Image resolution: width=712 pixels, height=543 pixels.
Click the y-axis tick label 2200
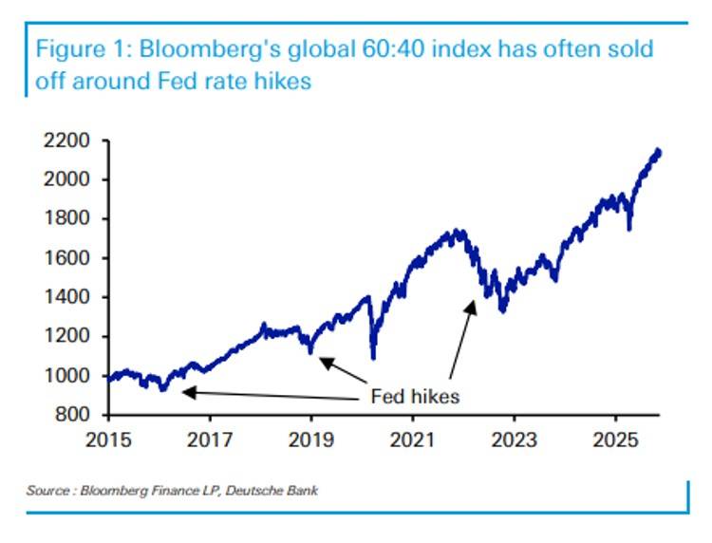coord(68,140)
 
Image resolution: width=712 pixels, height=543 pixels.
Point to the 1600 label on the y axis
coord(68,258)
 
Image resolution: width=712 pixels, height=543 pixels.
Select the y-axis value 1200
coord(68,336)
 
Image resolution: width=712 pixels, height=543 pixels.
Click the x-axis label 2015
coord(109,442)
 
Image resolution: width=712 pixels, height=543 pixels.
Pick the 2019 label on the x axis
coord(311,442)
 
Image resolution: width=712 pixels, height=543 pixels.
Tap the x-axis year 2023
coord(514,442)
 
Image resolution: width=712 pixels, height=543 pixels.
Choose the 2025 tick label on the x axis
coord(614,442)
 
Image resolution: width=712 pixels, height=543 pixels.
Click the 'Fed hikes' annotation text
coord(414,396)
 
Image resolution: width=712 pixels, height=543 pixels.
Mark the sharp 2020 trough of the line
coord(373,358)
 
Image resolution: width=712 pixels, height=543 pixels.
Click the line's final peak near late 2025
coord(658,151)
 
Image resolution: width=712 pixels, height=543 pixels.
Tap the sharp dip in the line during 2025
coord(628,228)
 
